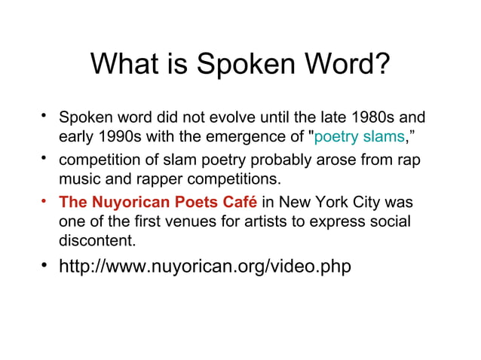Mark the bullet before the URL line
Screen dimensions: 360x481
click(x=46, y=265)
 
